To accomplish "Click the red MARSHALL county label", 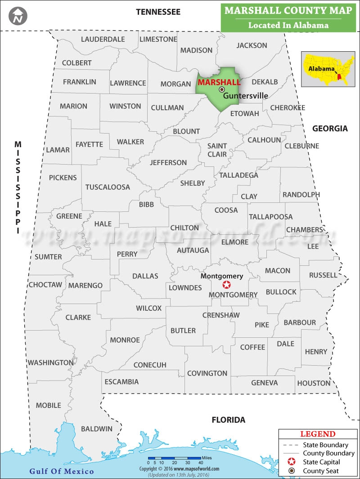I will point(219,82).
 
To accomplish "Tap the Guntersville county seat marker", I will point(221,90).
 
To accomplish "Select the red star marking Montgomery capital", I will point(227,285).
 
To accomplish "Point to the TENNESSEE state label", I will point(158,12).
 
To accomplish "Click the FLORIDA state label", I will point(229,420).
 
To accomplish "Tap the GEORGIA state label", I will point(330,129).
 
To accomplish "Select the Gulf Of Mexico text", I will point(62,471).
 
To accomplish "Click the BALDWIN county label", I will point(97,429).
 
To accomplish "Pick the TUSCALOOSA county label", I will point(108,187).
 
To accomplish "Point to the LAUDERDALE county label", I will point(103,39).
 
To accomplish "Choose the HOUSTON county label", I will point(314,383).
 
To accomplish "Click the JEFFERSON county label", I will point(168,162).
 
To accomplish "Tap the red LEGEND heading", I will point(318,434).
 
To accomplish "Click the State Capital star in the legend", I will point(292,462).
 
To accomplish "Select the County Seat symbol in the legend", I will point(292,471).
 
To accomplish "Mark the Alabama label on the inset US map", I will point(321,69).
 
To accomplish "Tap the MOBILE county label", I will point(49,405).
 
